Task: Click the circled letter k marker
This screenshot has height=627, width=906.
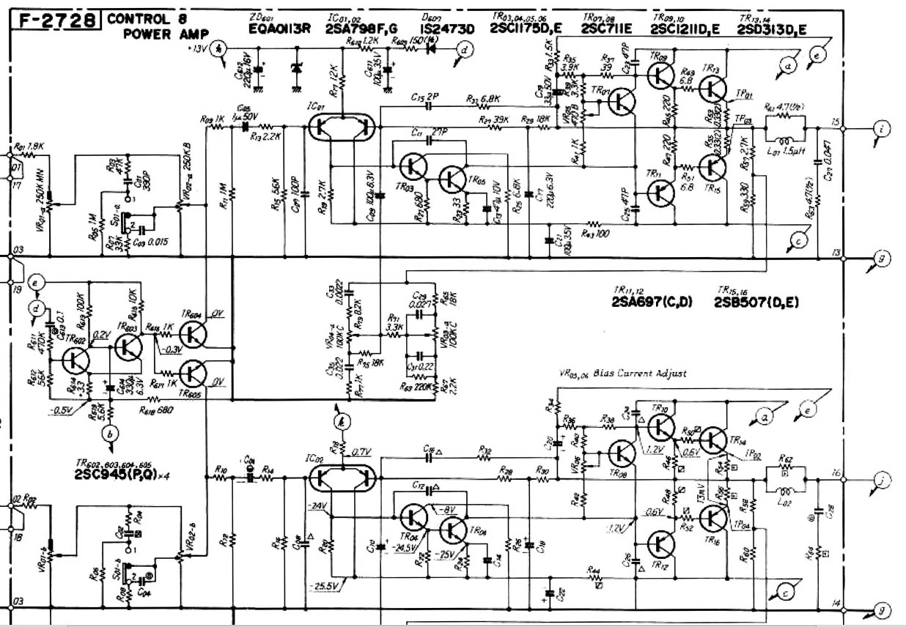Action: [339, 421]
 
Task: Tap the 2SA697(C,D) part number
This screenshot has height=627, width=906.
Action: [649, 303]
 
